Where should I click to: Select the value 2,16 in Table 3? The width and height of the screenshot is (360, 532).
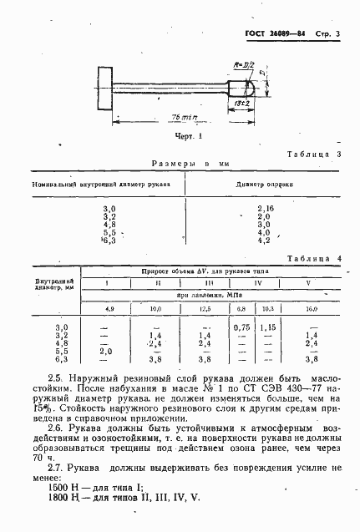pyautogui.click(x=266, y=207)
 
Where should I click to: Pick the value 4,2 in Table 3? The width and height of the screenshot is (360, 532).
pyautogui.click(x=264, y=241)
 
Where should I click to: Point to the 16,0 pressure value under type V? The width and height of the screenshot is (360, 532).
pyautogui.click(x=312, y=308)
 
